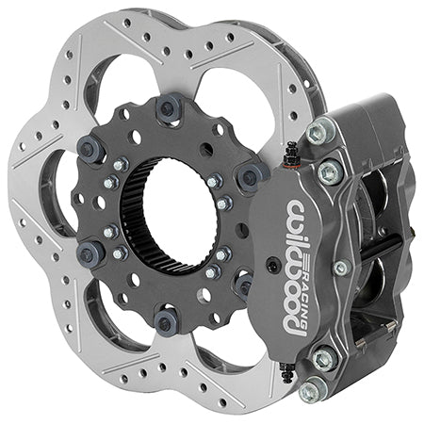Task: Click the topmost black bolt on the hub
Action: click(171, 108)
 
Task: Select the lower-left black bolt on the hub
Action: click(92, 252)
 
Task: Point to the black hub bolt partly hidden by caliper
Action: click(244, 285)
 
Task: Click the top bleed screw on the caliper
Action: click(291, 151)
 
